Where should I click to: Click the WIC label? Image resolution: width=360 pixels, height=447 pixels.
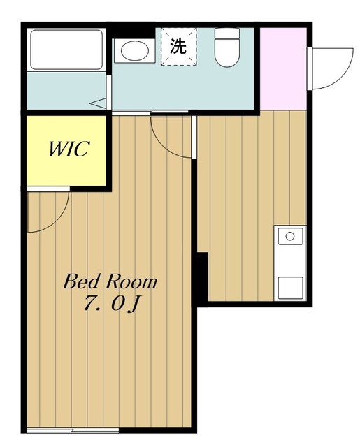tap(69, 149)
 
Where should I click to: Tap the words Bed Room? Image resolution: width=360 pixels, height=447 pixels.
tap(110, 281)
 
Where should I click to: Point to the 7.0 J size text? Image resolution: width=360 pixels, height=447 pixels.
tap(112, 305)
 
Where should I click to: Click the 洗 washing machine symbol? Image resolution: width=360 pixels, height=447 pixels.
tap(178, 47)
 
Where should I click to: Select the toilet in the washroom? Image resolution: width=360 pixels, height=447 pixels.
tap(226, 47)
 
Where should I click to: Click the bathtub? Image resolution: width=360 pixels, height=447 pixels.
tap(66, 50)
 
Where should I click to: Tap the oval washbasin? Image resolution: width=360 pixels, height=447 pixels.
tap(135, 51)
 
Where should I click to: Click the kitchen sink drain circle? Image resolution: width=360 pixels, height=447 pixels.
tap(290, 236)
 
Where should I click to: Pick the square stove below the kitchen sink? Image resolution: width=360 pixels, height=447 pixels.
tap(290, 288)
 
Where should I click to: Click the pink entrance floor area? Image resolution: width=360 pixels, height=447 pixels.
tap(283, 68)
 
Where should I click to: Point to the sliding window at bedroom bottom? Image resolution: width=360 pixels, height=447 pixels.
tap(73, 430)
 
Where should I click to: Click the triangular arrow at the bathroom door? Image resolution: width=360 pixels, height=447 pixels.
tap(98, 103)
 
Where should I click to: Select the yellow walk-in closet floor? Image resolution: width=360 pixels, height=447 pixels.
tap(66, 151)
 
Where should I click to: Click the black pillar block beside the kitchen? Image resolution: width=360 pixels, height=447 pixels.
tap(203, 277)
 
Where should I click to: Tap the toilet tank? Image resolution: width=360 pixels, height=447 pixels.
tap(226, 34)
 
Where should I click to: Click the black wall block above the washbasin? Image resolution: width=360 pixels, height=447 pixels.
tap(131, 31)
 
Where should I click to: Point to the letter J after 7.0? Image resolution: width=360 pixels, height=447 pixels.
tap(134, 305)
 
